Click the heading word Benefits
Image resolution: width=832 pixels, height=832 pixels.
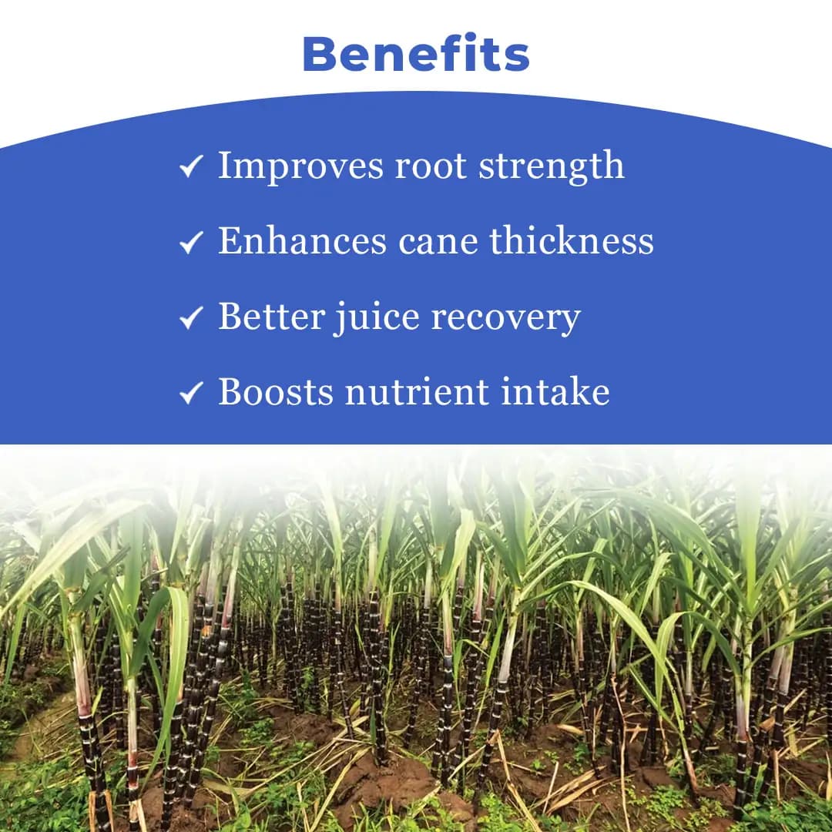point(416,54)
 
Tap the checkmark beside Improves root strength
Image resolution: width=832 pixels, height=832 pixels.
point(190,166)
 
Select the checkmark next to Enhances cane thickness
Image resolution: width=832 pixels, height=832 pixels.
point(190,243)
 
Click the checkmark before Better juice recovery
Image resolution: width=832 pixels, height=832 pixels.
point(190,317)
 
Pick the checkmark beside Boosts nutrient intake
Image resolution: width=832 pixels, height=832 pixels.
point(190,394)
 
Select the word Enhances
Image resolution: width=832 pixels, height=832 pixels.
point(303,241)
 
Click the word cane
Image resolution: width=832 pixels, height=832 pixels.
point(439,241)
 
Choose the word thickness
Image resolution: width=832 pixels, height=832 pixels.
point(572,241)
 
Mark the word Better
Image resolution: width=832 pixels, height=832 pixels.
point(271,317)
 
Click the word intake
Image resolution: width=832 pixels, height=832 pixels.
point(555,392)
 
